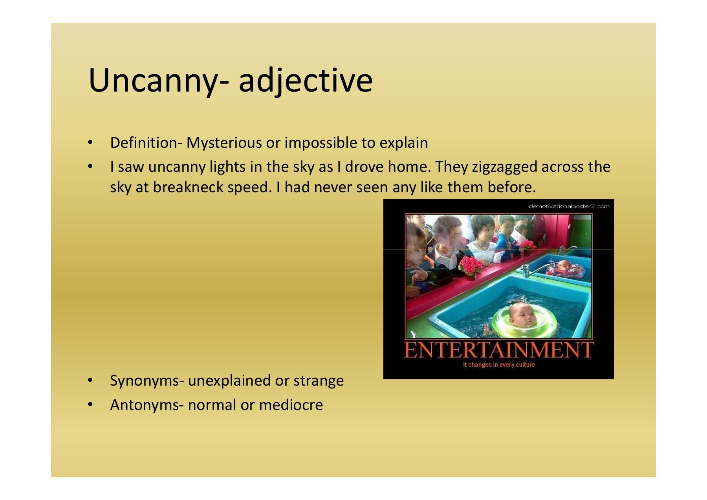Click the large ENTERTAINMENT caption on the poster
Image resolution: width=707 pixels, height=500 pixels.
499,350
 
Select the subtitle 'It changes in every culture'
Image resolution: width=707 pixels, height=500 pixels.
499,365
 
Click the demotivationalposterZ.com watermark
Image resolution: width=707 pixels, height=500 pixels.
569,206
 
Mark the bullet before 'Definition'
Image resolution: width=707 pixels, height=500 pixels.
90,143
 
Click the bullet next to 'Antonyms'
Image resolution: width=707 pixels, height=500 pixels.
90,405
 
